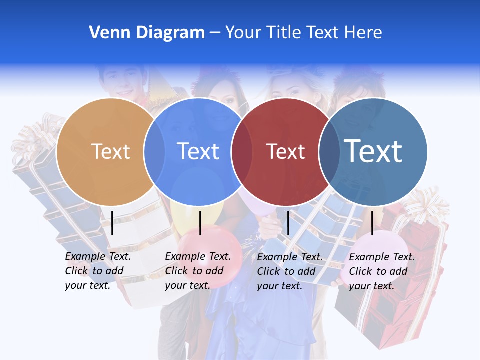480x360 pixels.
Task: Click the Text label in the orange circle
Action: (111, 151)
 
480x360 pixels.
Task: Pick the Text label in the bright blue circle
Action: (198, 151)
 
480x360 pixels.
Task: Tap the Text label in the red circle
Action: (285, 151)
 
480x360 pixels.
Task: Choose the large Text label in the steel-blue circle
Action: (373, 151)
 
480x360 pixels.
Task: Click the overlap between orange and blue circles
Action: (154, 151)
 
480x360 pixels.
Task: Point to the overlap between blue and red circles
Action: (241, 151)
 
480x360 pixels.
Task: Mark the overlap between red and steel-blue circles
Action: (329, 151)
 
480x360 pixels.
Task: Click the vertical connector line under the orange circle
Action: (112, 223)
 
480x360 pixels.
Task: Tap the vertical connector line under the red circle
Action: (288, 223)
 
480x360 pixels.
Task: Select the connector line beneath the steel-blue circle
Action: (372, 223)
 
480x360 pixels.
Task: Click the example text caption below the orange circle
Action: (97, 271)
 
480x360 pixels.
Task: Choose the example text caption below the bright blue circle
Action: (197, 271)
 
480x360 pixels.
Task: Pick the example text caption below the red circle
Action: (289, 271)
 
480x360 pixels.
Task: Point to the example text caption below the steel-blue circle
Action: (381, 271)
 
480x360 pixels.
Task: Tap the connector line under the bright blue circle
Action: (200, 223)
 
